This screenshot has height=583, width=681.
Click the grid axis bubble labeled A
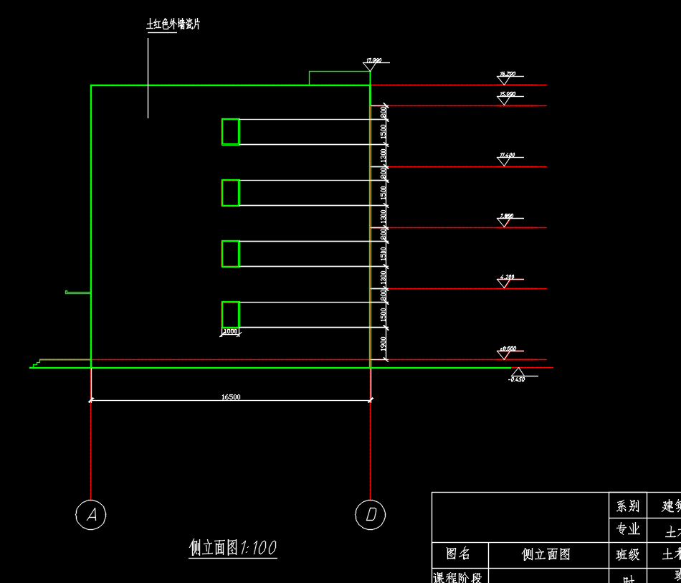tap(91, 514)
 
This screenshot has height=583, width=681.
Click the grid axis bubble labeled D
tap(371, 514)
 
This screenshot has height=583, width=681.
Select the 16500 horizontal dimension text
tap(231, 397)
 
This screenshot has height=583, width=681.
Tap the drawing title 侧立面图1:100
tap(233, 549)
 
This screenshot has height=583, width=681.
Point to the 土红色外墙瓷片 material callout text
tap(173, 25)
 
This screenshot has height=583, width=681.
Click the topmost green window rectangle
tap(230, 132)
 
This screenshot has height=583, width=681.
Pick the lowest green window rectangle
tap(230, 315)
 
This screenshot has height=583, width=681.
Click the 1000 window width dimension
tap(230, 331)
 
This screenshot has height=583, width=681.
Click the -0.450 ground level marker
tap(516, 374)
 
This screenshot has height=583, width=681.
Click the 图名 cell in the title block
tap(459, 554)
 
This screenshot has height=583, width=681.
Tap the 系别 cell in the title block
tap(627, 506)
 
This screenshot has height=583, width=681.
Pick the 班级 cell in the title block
tap(627, 554)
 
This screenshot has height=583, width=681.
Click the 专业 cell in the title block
tap(627, 530)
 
